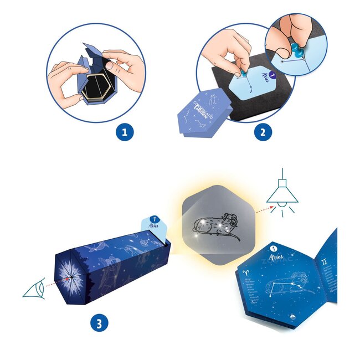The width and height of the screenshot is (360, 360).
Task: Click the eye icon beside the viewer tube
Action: click(x=34, y=289)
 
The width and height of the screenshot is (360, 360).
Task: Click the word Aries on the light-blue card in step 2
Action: click(x=254, y=77)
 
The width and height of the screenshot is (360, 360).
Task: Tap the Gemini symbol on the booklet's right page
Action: click(x=331, y=243)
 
